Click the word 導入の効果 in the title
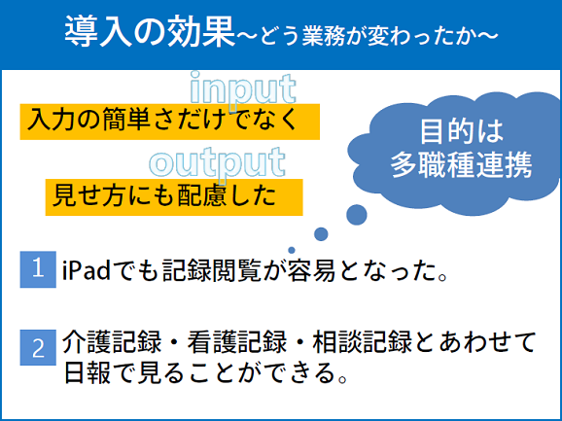click(x=150, y=33)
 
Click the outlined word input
click(x=243, y=88)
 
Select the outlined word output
click(x=218, y=163)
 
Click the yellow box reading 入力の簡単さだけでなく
click(x=169, y=122)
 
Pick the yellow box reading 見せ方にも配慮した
click(x=174, y=197)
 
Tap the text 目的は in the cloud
click(x=462, y=132)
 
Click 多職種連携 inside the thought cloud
click(x=462, y=165)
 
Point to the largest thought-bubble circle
click(x=357, y=215)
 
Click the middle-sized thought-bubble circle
click(x=321, y=234)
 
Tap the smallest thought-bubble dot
click(x=292, y=250)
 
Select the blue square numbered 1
click(x=38, y=269)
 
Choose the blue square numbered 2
click(x=38, y=347)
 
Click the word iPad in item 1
click(x=87, y=271)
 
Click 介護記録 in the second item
click(x=112, y=342)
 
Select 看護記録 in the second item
click(x=237, y=342)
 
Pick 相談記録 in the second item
click(x=363, y=342)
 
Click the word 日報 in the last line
click(x=88, y=372)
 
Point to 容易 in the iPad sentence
click(x=311, y=271)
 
